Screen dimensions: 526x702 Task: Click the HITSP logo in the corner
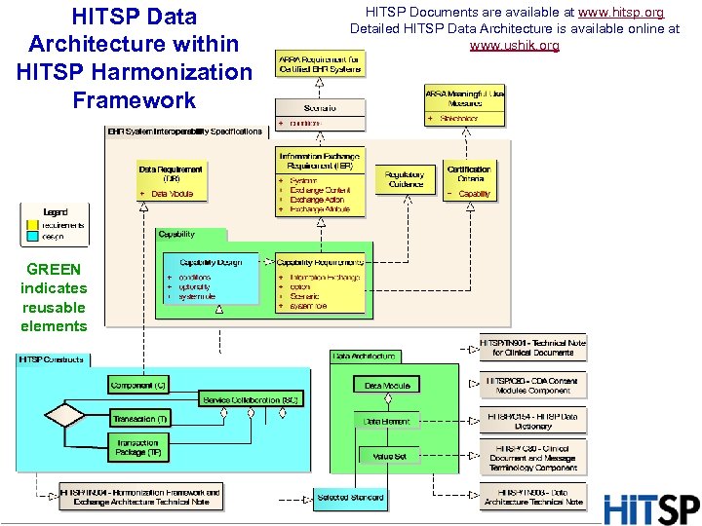pos(651,509)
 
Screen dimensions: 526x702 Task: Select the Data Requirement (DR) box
pos(171,181)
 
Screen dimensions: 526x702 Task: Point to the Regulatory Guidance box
pos(406,180)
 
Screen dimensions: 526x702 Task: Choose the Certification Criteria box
pos(469,181)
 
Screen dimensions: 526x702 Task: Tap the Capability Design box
pos(211,282)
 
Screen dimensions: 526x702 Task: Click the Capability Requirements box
pos(320,283)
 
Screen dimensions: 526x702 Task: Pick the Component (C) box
pos(138,386)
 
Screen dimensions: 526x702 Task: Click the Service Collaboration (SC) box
pos(249,400)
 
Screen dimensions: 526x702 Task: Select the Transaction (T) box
pos(140,419)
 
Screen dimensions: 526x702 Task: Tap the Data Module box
pos(386,386)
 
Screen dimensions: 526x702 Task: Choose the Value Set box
pos(389,456)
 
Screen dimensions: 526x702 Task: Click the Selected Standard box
pos(350,498)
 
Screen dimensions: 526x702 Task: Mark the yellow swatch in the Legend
pos(32,225)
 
